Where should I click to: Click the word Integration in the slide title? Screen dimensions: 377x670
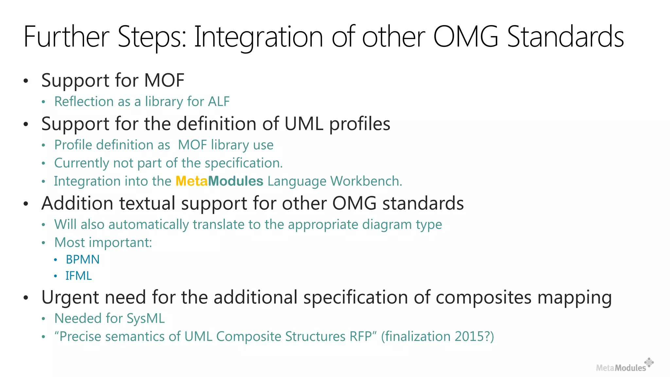tap(258, 37)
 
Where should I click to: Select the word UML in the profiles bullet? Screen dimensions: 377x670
tap(304, 124)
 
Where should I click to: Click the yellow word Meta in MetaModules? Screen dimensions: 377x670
tap(191, 181)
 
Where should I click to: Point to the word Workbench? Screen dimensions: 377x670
tap(366, 181)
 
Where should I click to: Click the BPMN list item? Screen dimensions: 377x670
tap(82, 260)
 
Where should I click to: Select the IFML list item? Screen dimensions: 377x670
tap(79, 276)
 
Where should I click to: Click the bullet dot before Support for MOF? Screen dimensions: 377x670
tap(26, 81)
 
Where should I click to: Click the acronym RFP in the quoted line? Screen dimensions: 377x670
tap(363, 336)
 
